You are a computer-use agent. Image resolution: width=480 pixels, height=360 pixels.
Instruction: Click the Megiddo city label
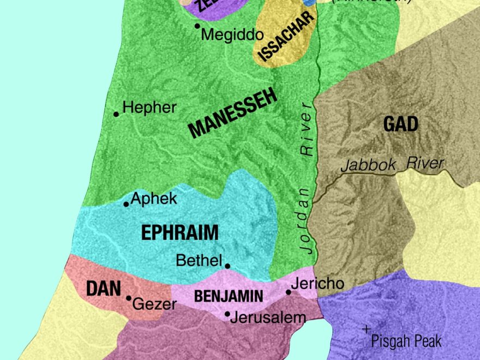tap(232, 35)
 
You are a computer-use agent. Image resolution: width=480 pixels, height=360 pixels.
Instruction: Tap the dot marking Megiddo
tap(197, 26)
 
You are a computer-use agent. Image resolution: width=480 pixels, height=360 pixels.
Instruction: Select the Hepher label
tap(149, 107)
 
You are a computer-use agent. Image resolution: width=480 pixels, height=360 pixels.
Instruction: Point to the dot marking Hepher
tap(116, 114)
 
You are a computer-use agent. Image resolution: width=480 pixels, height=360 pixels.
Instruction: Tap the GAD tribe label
tap(401, 124)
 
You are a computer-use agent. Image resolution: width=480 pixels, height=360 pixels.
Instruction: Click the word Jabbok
tap(368, 165)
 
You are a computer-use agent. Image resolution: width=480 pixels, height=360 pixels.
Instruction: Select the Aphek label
tap(154, 199)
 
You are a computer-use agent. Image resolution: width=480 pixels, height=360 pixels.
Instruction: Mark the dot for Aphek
tap(127, 204)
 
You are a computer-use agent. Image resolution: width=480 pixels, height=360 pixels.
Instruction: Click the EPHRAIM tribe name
tap(179, 233)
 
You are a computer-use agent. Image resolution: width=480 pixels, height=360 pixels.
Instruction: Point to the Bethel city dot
tap(227, 266)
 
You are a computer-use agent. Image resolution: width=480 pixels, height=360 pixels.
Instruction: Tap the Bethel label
tap(199, 261)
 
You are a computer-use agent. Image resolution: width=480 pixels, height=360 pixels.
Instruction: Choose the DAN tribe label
tap(103, 289)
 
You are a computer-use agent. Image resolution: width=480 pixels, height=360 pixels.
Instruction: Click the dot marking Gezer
tap(129, 298)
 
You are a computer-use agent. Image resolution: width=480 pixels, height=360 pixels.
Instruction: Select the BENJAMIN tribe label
tap(229, 297)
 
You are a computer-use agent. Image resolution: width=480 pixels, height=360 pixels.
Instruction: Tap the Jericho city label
tap(317, 284)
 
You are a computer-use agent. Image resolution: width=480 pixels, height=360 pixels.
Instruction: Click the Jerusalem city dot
tap(227, 314)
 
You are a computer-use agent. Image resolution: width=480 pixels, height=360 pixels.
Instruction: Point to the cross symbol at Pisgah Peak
tap(367, 329)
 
